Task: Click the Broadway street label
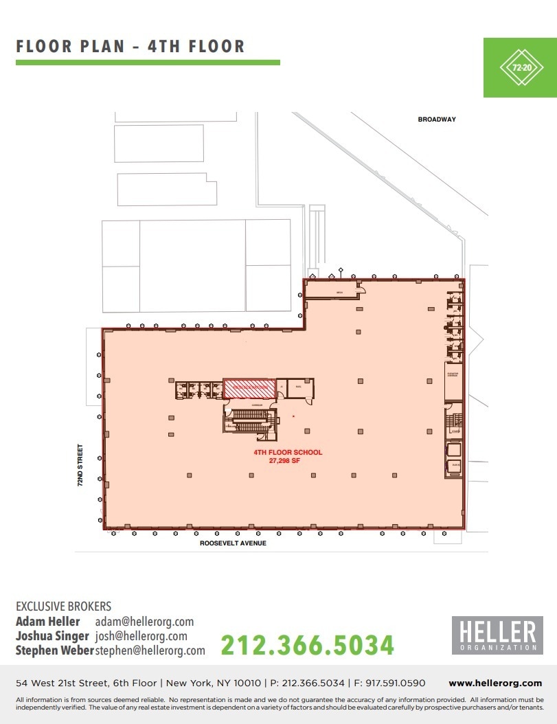(437, 120)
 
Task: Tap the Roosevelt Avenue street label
(233, 543)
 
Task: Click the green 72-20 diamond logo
(520, 67)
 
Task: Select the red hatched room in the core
(249, 387)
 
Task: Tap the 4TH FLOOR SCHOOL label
(288, 453)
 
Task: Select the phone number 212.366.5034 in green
(307, 644)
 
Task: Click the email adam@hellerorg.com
(144, 622)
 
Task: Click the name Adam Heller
(47, 622)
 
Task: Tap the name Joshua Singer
(52, 636)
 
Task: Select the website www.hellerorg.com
(495, 683)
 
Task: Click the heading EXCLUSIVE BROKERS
(63, 607)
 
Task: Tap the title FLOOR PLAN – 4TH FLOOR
(130, 47)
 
